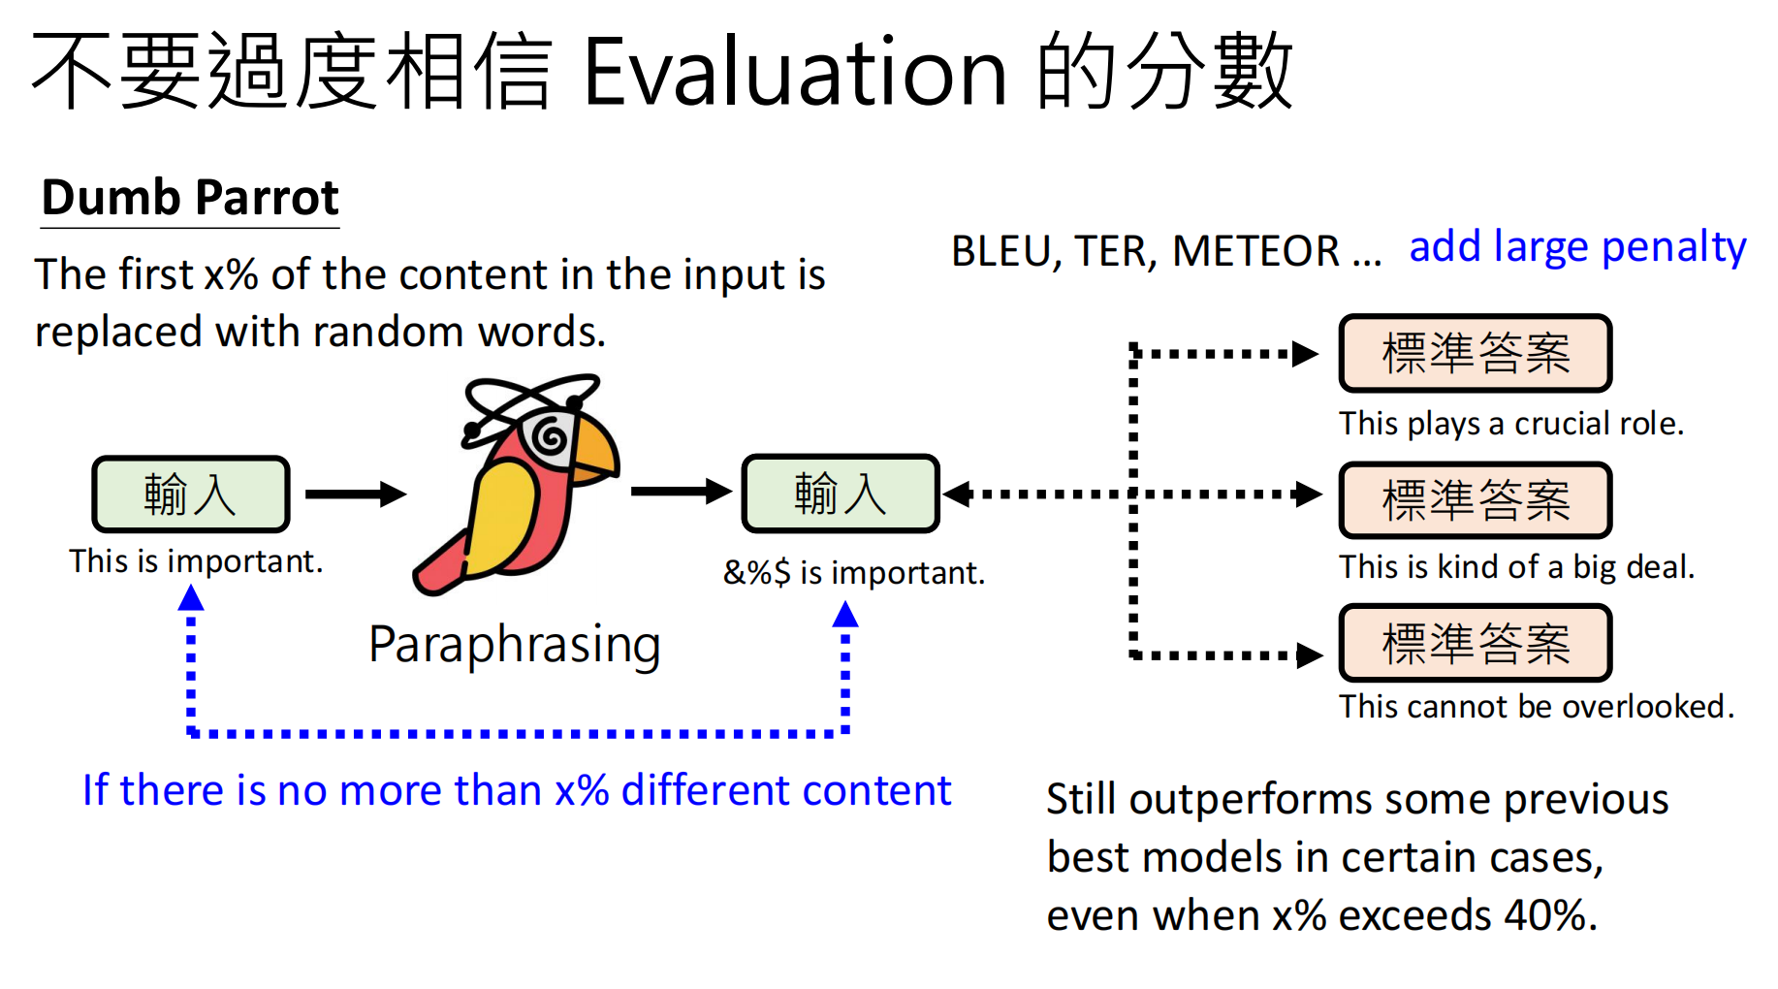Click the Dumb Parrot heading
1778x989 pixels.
[190, 198]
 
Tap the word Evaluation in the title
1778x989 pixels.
[795, 73]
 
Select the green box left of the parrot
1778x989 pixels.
[191, 494]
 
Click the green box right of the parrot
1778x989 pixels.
[841, 494]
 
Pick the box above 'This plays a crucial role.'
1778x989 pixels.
[1475, 353]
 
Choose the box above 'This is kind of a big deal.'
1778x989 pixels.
[1475, 500]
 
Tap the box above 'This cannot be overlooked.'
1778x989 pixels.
[1475, 643]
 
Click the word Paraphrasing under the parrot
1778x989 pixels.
[515, 645]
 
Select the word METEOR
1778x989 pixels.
[1255, 252]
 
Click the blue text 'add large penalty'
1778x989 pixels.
[1577, 247]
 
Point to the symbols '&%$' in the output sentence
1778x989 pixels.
[757, 573]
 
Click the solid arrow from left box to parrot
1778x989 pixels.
[355, 494]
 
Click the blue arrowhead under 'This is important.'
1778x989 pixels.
[191, 599]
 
